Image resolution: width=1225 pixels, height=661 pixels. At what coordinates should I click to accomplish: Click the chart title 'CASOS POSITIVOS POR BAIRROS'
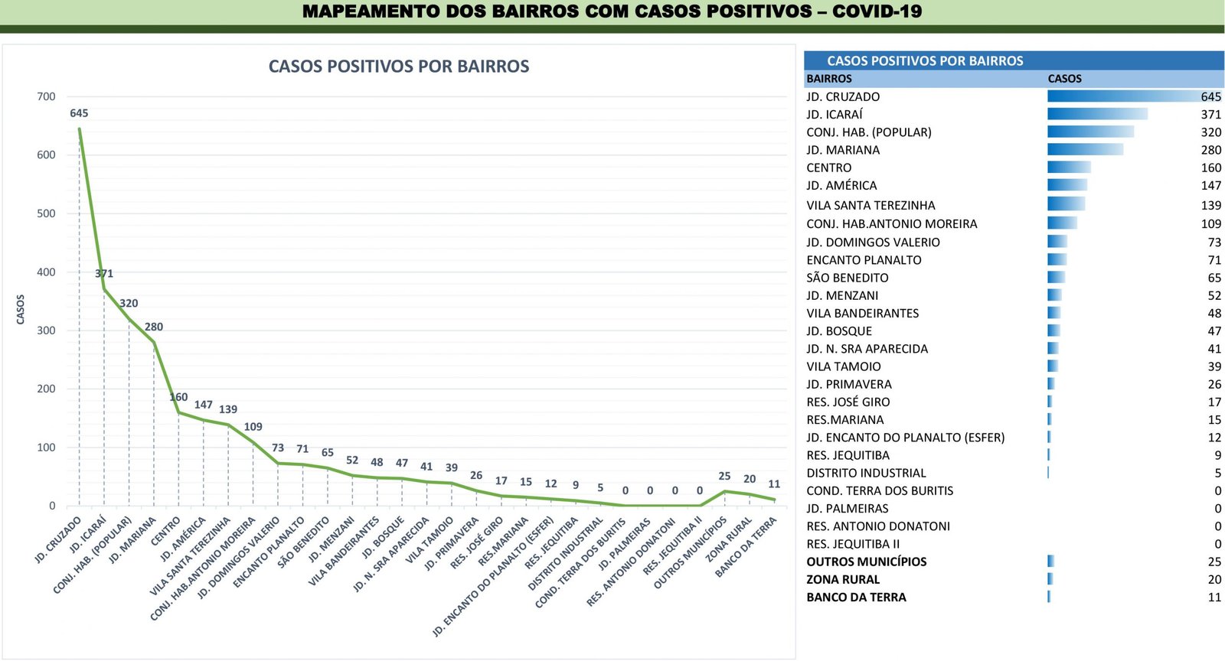click(x=398, y=67)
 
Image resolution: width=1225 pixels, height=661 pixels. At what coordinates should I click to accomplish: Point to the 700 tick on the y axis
click(x=46, y=96)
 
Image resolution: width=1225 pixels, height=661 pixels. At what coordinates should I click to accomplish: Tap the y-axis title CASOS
click(x=21, y=309)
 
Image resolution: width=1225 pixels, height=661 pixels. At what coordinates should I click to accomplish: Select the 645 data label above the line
click(x=79, y=113)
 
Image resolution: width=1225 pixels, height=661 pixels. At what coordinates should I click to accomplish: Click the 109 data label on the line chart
click(x=253, y=427)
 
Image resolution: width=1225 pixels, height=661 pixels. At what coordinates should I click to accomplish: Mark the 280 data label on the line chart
click(x=154, y=327)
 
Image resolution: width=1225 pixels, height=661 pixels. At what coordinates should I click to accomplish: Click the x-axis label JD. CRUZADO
click(x=58, y=540)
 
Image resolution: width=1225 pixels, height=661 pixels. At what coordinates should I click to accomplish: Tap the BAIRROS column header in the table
click(x=829, y=79)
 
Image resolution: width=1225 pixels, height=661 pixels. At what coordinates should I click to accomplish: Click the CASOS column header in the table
click(x=1064, y=79)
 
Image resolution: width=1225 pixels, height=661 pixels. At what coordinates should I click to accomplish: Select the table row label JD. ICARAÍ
click(x=835, y=115)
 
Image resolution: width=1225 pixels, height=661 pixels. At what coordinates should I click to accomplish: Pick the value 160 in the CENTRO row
click(x=1210, y=168)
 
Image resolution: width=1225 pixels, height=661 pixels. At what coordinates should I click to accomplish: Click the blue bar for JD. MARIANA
click(x=1085, y=150)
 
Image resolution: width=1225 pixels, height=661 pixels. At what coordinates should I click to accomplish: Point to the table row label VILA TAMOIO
click(x=844, y=366)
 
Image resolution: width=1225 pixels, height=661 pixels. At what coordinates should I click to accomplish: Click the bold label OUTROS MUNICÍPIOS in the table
click(x=867, y=562)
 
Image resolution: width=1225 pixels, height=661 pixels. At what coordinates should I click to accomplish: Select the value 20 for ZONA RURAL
click(x=1214, y=579)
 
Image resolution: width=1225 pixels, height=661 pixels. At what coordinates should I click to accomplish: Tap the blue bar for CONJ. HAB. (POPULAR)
click(x=1090, y=132)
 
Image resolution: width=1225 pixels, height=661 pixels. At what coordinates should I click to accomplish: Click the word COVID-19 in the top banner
click(x=877, y=11)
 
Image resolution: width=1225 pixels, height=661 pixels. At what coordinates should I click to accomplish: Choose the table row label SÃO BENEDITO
click(x=848, y=278)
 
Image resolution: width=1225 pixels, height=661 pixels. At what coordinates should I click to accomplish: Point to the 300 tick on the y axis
click(x=46, y=330)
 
